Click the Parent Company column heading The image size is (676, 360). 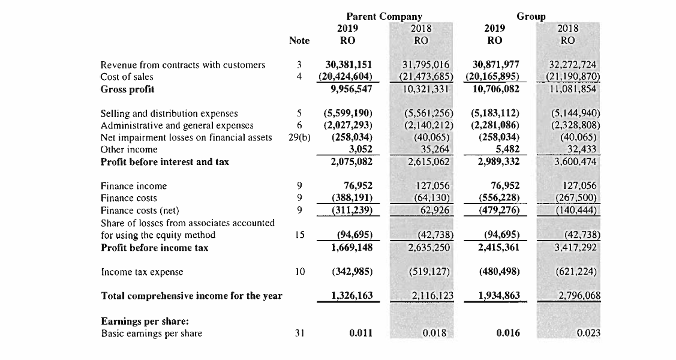point(384,16)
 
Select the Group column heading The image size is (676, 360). point(531,16)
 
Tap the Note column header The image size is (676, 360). point(299,41)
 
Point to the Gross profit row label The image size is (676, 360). point(127,89)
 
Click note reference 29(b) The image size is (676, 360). point(299,137)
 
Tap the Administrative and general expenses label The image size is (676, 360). point(176,125)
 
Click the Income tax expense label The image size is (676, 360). point(142,272)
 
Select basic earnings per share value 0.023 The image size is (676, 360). point(588,333)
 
